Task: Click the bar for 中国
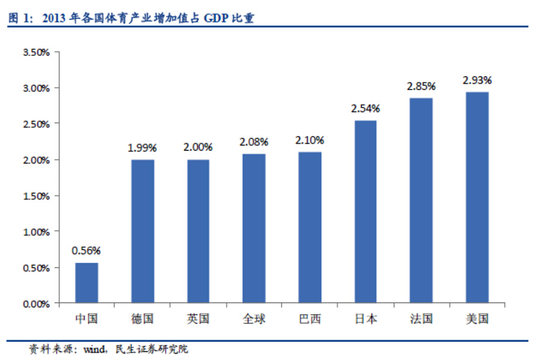click(86, 283)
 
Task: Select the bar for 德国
click(142, 231)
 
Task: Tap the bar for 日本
click(365, 211)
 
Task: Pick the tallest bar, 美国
click(477, 197)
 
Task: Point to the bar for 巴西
click(310, 227)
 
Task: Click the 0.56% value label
click(86, 250)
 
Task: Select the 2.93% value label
click(477, 80)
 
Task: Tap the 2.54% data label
click(365, 108)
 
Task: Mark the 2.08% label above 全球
click(254, 142)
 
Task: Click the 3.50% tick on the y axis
click(37, 52)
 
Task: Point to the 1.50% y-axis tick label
click(37, 196)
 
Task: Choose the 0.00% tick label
click(37, 303)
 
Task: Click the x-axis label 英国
click(198, 319)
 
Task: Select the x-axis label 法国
click(421, 319)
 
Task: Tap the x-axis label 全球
click(254, 319)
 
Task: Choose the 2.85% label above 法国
click(421, 86)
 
